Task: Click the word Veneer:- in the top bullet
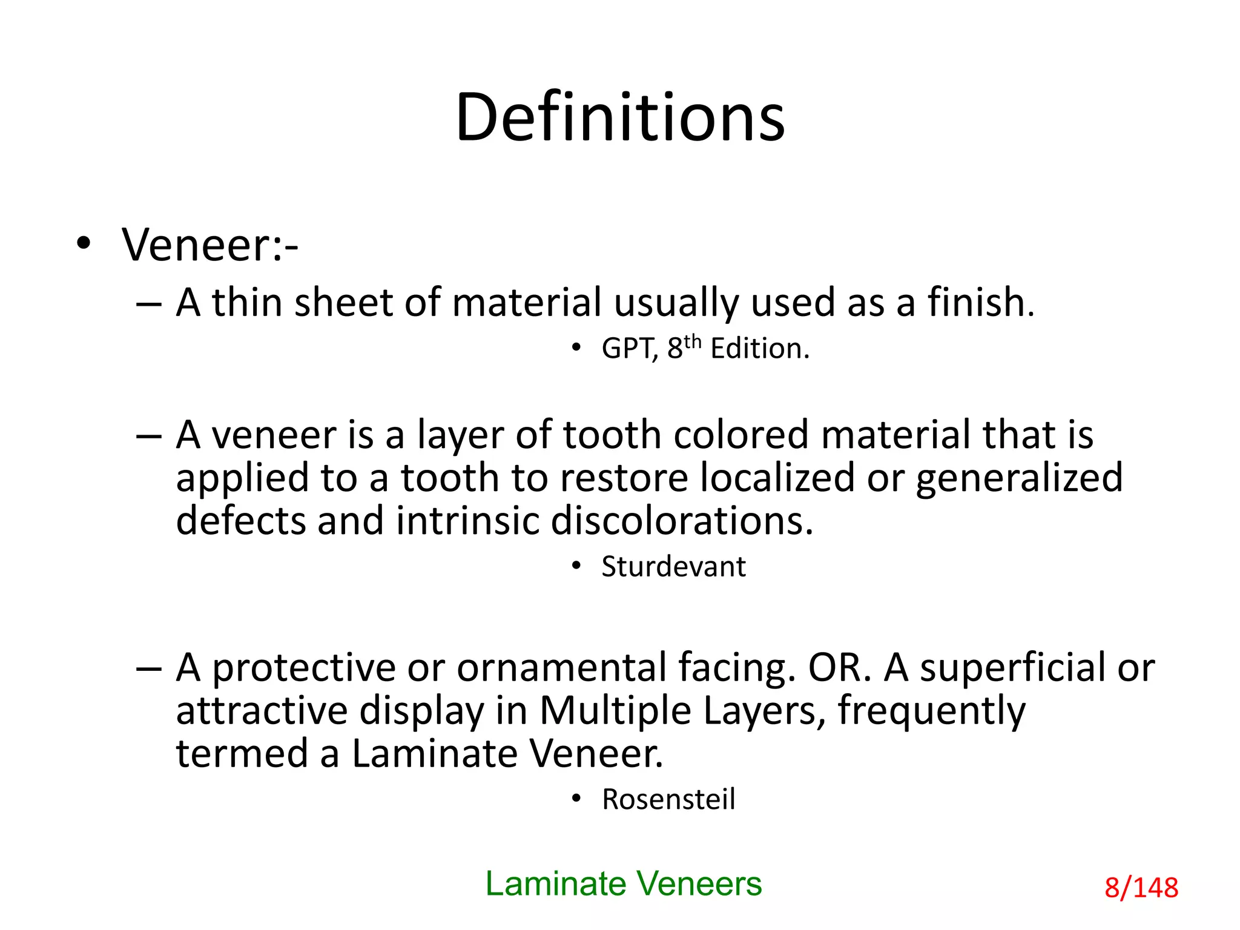pos(209,245)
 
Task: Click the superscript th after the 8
pos(692,342)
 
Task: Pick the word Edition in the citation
pos(759,349)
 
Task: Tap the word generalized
pos(1019,478)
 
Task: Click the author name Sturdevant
pos(673,567)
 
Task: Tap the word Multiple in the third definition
pos(615,710)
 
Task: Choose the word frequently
pos(931,710)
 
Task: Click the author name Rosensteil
pos(668,799)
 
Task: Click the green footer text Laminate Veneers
pos(624,884)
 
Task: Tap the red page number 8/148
pos(1141,888)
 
